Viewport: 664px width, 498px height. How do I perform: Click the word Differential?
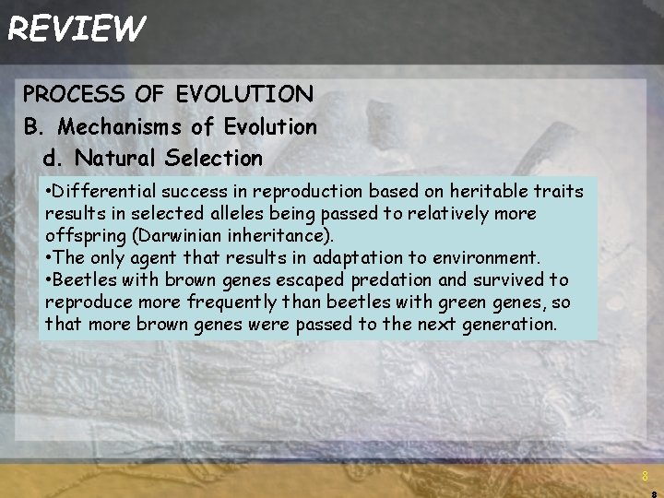pyautogui.click(x=103, y=192)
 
